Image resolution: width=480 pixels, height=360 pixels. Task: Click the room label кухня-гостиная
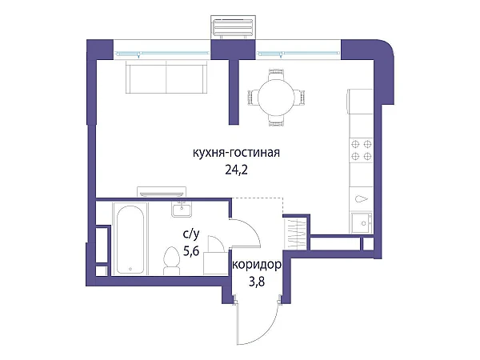point(236,153)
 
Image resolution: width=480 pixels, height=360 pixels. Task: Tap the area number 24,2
point(236,170)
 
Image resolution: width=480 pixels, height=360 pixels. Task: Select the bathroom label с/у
point(191,234)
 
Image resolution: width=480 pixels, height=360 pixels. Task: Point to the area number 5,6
point(191,251)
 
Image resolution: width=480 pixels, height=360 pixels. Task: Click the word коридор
point(257,265)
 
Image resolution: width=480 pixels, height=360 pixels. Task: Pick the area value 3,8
point(257,282)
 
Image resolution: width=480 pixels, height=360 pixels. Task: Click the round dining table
point(276,98)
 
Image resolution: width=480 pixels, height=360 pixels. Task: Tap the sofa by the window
point(166,77)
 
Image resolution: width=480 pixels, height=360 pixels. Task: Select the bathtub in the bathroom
point(130,239)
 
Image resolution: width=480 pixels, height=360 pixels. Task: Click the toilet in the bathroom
point(171,261)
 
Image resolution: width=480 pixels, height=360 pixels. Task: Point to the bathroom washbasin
point(182,210)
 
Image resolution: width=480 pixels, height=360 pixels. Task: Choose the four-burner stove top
point(362,150)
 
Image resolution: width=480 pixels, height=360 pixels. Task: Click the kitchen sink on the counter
point(362,223)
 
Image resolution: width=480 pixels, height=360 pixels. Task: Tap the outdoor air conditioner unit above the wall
point(233,27)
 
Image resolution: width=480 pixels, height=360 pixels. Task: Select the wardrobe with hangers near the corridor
point(294,232)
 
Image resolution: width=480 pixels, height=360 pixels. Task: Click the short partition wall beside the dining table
point(234,92)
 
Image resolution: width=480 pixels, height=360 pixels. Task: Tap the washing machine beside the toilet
point(215,263)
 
